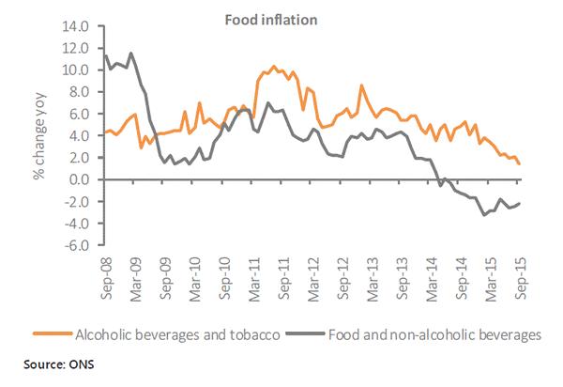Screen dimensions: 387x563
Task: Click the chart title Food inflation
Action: (281, 18)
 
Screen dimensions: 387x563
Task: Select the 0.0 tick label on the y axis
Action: (79, 179)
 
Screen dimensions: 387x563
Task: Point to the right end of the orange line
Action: (520, 164)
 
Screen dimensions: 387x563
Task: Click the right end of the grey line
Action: (520, 204)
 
